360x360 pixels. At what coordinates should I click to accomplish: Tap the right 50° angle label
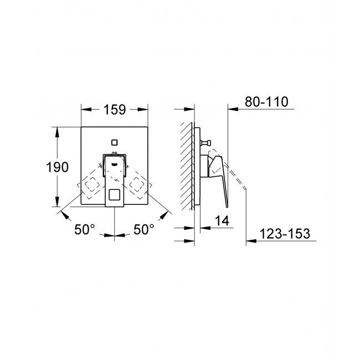click(143, 229)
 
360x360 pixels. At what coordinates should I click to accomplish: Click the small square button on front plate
click(114, 141)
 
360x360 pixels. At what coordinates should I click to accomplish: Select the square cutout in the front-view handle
click(114, 195)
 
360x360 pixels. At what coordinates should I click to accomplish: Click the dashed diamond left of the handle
click(91, 187)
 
